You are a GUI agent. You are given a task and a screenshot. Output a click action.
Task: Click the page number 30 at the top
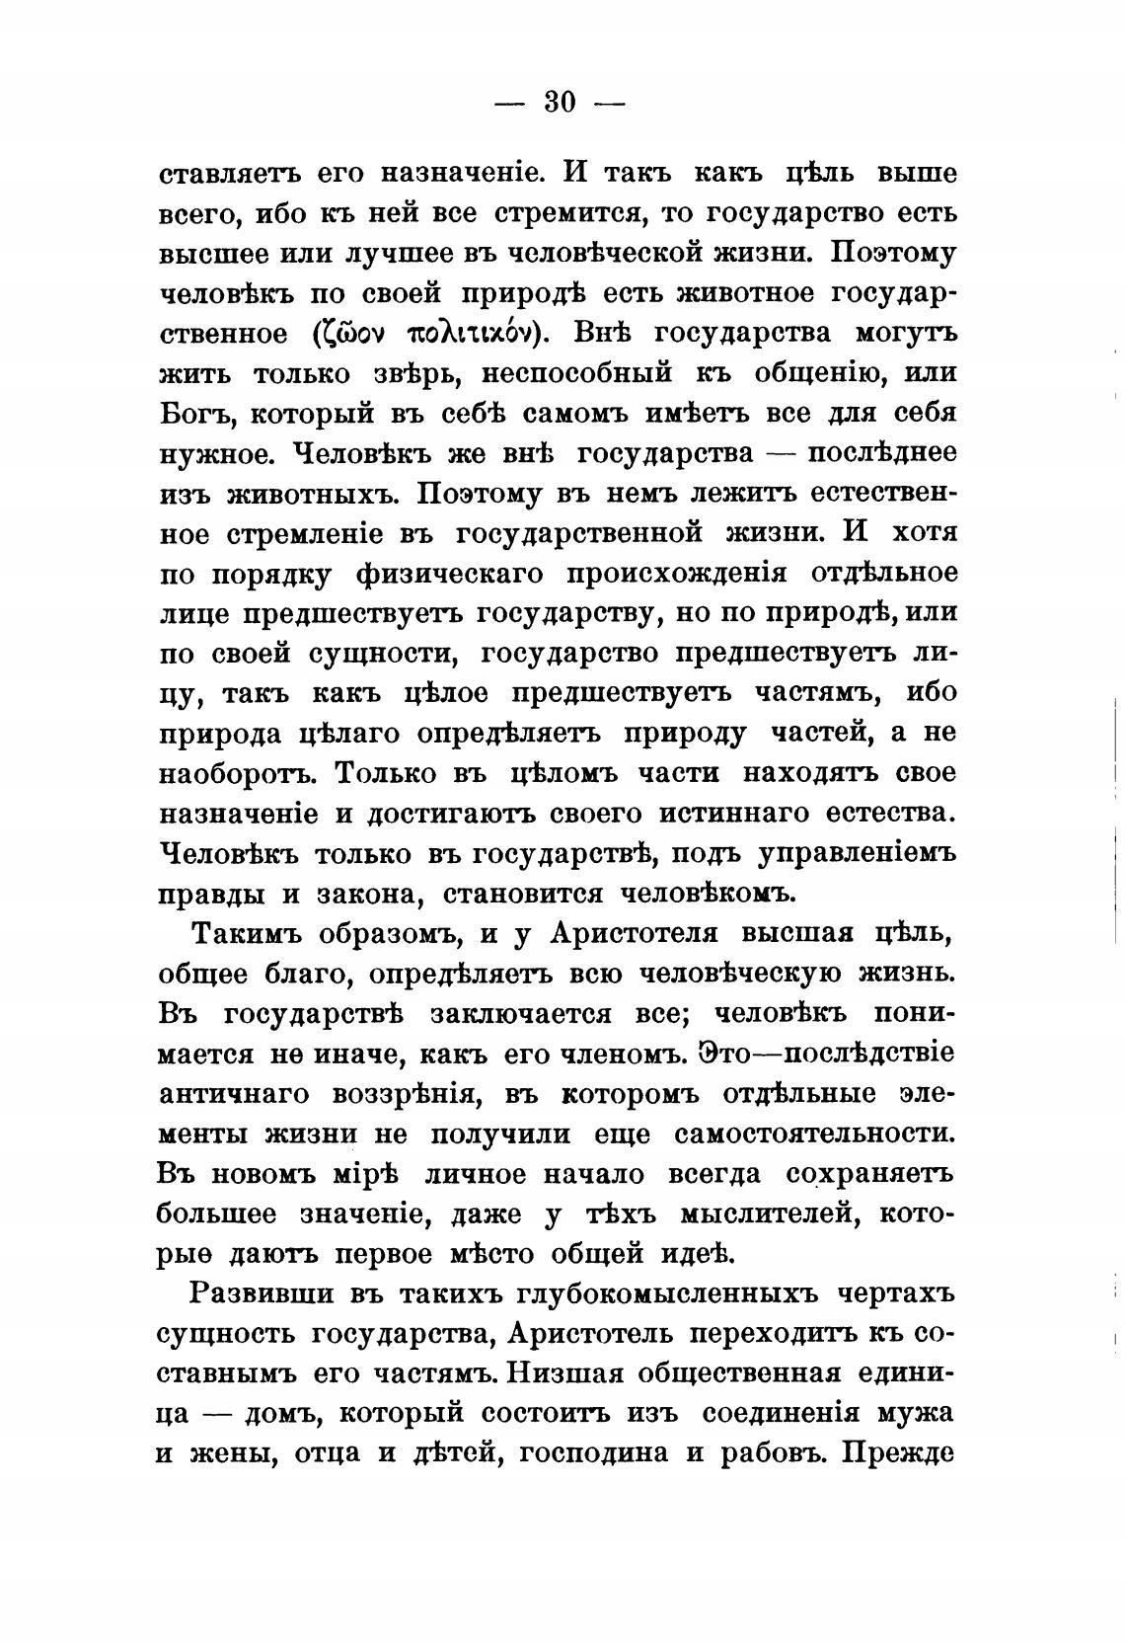point(560,102)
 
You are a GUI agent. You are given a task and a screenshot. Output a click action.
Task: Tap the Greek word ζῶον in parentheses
point(349,334)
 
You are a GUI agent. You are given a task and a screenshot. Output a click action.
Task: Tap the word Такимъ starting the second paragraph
point(242,933)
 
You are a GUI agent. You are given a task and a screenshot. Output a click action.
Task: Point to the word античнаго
point(233,1094)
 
